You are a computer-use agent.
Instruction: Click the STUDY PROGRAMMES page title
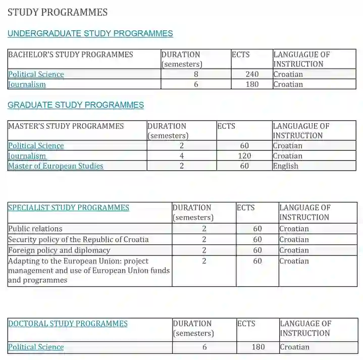click(58, 12)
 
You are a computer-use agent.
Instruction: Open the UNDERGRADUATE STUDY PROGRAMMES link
click(90, 34)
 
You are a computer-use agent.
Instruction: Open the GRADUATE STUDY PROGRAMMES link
click(76, 105)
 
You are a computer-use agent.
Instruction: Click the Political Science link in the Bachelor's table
click(36, 74)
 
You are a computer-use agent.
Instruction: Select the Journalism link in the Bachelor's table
click(27, 84)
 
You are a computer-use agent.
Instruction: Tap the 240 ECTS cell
click(252, 74)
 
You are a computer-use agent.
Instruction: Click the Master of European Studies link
click(56, 166)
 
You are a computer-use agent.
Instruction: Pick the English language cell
click(286, 166)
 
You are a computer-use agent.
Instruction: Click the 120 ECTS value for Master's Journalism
click(244, 156)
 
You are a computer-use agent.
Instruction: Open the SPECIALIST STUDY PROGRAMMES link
click(69, 208)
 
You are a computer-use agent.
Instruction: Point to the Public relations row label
click(35, 229)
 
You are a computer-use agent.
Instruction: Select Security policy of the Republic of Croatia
click(78, 239)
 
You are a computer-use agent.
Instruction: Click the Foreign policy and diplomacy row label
click(59, 250)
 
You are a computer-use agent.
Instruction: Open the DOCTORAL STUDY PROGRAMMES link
click(68, 324)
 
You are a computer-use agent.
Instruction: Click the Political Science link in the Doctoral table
click(36, 347)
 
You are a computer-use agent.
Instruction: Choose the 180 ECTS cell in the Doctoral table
click(258, 347)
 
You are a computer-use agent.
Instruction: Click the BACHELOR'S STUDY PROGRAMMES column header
click(71, 55)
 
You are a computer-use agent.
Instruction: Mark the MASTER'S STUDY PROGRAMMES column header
click(66, 126)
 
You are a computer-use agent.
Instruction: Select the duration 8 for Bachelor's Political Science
click(196, 74)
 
